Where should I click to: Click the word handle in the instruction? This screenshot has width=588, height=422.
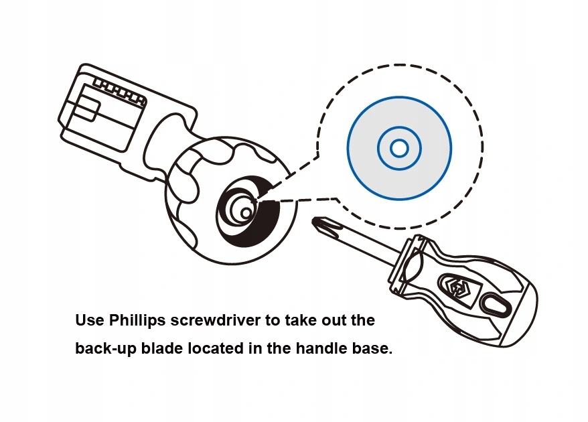(x=316, y=349)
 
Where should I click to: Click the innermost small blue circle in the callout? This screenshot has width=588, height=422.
(x=399, y=148)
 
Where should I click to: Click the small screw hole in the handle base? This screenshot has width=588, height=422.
(x=246, y=212)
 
